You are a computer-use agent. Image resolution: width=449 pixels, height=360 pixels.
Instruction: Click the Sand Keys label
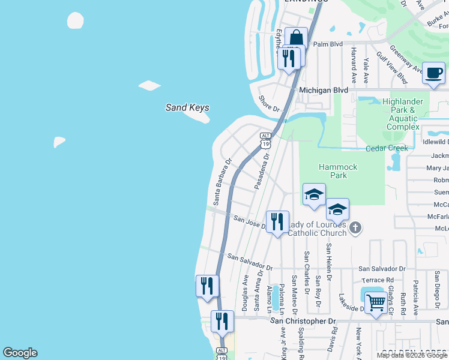[187, 108]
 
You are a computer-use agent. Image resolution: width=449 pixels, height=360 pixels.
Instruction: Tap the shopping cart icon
[375, 302]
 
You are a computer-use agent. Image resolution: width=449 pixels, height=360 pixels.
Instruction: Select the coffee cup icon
[433, 73]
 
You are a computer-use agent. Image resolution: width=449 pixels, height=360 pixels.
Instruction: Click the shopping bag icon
[296, 38]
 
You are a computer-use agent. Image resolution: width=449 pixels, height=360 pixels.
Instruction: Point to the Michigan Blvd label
[324, 89]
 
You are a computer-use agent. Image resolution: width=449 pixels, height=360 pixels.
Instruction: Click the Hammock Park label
[339, 171]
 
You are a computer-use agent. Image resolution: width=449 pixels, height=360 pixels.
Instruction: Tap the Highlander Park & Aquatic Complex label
[403, 114]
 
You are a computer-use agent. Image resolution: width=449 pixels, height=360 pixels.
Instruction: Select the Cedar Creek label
[387, 148]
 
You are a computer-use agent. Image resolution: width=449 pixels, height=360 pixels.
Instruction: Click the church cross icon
[356, 227]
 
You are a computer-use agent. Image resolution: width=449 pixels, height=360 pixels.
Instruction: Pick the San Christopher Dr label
[303, 321]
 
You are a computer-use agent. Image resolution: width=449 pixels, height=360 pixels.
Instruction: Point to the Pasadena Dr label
[261, 170]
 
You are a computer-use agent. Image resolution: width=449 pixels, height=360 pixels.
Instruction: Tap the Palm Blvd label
[328, 44]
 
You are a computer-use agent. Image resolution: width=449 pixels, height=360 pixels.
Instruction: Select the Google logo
[20, 353]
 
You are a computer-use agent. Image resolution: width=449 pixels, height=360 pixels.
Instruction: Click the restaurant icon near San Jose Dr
[277, 221]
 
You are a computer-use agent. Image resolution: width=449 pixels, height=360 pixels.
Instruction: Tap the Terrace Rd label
[378, 280]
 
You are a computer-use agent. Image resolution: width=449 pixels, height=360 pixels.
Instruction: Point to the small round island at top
[76, 20]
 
